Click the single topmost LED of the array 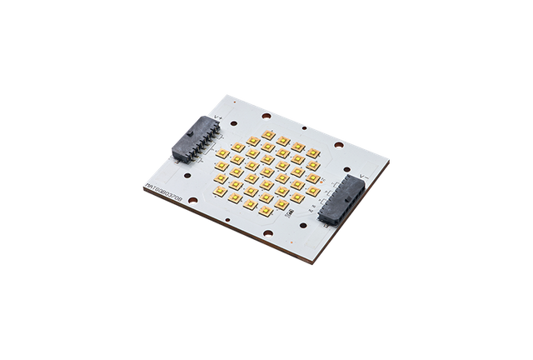[x=269, y=132]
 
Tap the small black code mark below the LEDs [x=284, y=225]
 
